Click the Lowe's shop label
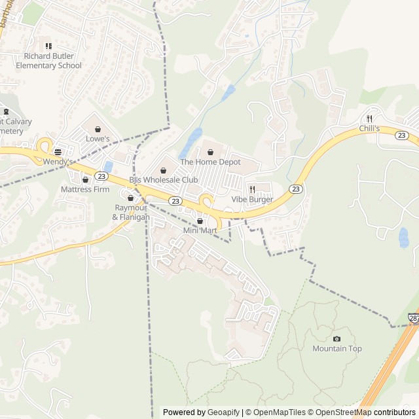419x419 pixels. click(x=98, y=139)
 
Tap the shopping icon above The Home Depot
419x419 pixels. click(x=211, y=153)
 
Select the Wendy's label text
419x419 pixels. click(x=58, y=161)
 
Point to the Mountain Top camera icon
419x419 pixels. click(x=337, y=338)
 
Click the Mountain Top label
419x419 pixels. click(x=337, y=348)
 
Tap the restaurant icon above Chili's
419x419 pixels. click(x=370, y=118)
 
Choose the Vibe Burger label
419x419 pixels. click(x=252, y=199)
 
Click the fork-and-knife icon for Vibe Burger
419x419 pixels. click(x=252, y=189)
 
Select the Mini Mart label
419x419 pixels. click(x=200, y=230)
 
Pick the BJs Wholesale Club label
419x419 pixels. click(x=163, y=179)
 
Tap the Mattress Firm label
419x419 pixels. click(x=85, y=189)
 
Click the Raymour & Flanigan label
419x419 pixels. click(x=131, y=212)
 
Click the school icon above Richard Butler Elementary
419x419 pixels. click(x=48, y=46)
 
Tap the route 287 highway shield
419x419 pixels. click(x=414, y=318)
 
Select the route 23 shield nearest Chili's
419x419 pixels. click(x=402, y=135)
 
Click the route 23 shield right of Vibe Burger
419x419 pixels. click(x=296, y=189)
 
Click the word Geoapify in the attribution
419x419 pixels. click(x=223, y=412)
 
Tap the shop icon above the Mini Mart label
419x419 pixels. click(x=200, y=221)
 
